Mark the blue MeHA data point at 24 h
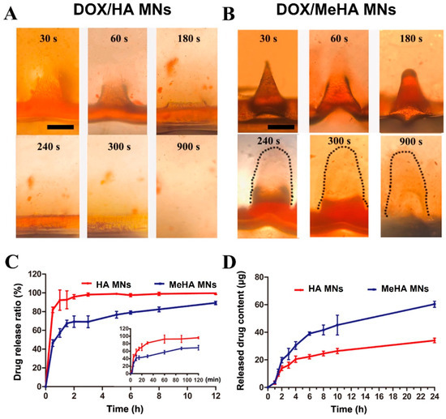434,304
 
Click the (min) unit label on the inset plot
210,378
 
